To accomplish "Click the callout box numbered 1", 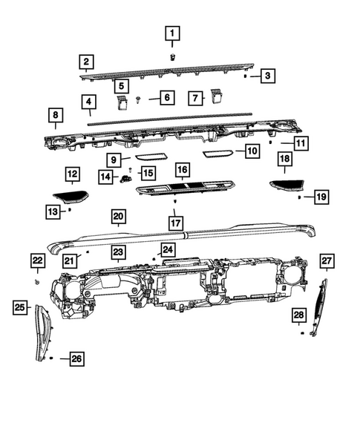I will click(171, 33).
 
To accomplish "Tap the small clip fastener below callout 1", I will click(172, 56).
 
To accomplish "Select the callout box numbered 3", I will click(268, 75).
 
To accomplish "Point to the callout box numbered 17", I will click(175, 222).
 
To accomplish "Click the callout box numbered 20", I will click(118, 217).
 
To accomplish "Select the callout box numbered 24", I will click(168, 250).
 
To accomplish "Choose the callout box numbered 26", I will click(76, 360).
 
